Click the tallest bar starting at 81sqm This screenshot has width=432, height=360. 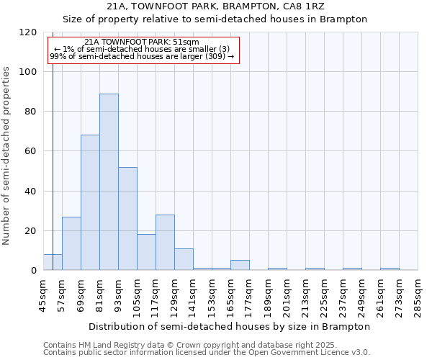click(109, 182)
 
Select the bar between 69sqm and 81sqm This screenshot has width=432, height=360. click(90, 202)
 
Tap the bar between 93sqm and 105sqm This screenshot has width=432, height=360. click(127, 218)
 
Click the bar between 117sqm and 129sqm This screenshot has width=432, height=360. click(165, 243)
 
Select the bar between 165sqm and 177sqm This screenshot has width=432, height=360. click(240, 265)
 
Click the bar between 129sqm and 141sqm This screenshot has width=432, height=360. click(184, 259)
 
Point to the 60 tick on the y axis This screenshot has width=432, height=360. click(31, 151)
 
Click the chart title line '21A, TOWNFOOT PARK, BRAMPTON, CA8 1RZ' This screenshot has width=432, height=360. click(215, 6)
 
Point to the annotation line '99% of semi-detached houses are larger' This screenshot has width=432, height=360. click(142, 56)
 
